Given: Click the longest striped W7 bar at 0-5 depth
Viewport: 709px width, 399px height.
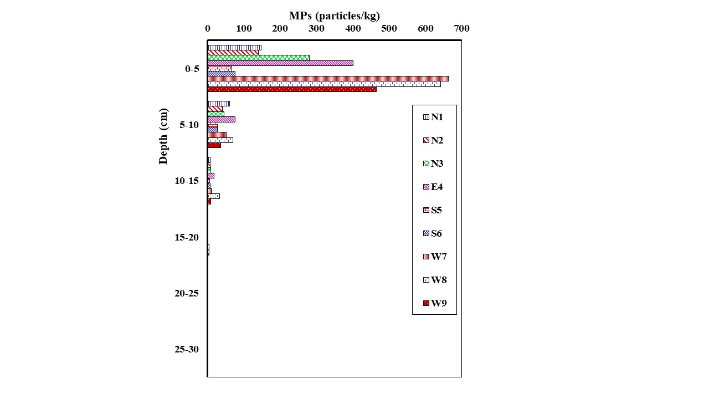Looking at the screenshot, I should click(328, 79).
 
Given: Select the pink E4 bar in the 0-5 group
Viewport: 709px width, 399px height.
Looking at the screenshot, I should click(280, 63).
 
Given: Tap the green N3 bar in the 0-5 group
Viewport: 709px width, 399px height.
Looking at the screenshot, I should click(258, 58).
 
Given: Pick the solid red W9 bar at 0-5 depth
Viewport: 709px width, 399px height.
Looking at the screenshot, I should click(292, 89).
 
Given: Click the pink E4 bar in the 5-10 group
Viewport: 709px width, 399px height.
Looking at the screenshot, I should click(221, 119).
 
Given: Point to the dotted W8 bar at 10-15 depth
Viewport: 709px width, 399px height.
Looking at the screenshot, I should click(213, 196).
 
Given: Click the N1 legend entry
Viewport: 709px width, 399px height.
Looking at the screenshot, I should click(433, 117).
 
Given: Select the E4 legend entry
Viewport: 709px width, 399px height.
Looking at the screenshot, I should click(433, 187).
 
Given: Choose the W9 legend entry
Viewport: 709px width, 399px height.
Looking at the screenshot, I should click(434, 303).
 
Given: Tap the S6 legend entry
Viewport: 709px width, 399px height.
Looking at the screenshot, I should click(433, 233).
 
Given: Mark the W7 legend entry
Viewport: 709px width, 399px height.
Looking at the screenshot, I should click(434, 257).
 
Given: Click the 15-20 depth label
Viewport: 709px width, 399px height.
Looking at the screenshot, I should click(187, 237).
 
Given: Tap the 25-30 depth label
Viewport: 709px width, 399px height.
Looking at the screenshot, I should click(187, 349).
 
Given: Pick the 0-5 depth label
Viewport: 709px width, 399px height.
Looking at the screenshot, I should click(192, 69).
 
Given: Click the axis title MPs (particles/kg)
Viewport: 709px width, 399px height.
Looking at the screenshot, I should click(335, 16).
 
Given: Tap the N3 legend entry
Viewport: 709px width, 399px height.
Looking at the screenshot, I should click(433, 163).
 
